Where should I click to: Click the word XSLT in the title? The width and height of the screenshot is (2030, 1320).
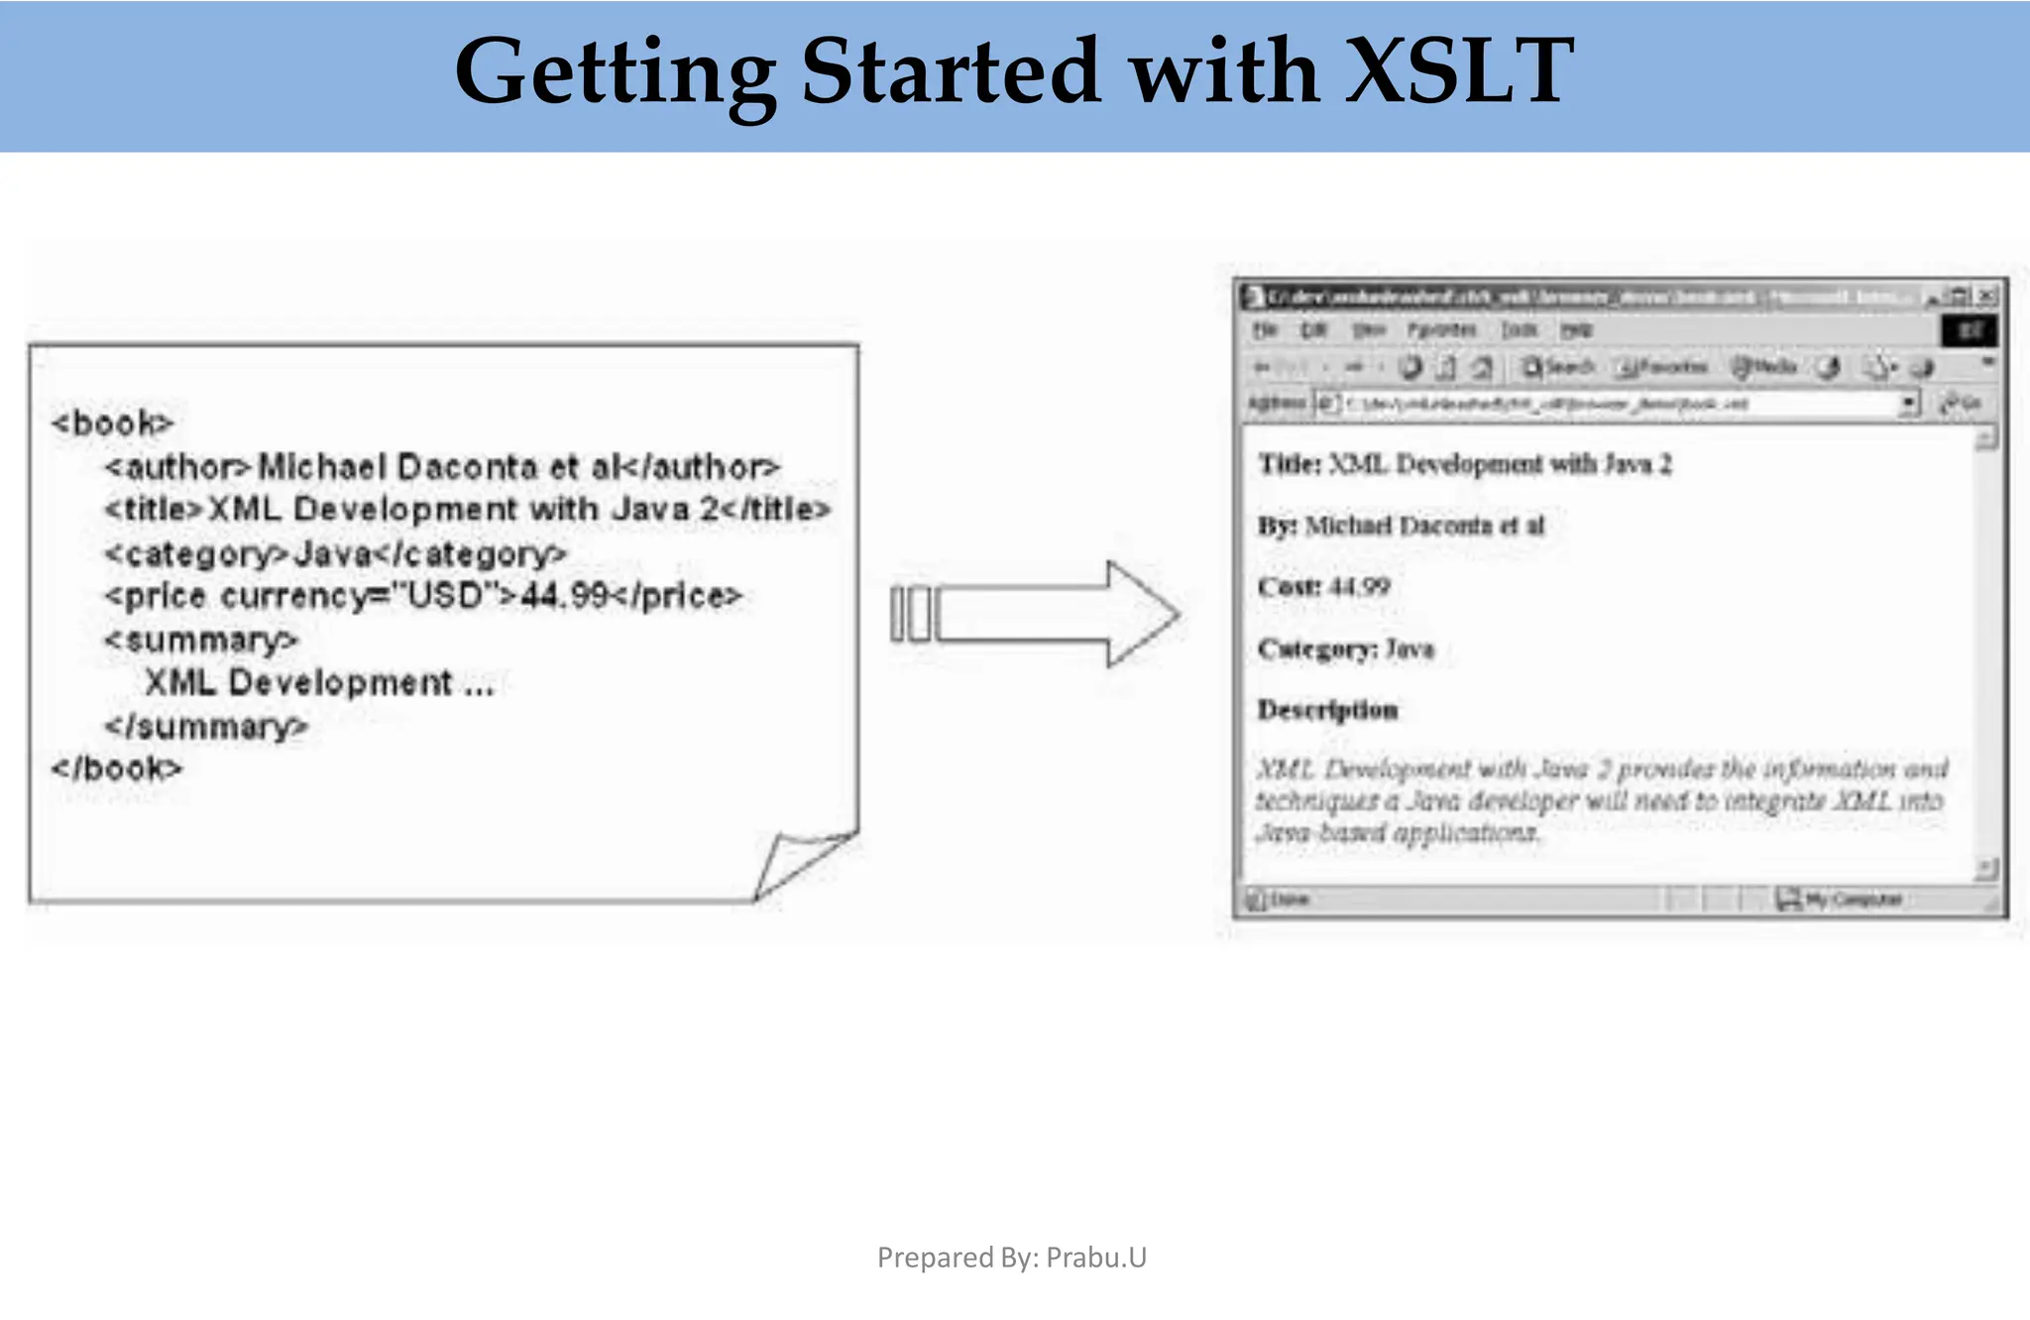tap(1458, 71)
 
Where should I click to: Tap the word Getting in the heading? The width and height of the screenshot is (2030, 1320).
tap(615, 71)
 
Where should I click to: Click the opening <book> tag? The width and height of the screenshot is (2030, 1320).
tap(112, 423)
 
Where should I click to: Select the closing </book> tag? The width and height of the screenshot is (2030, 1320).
tap(117, 769)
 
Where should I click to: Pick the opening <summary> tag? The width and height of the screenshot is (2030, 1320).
tap(201, 640)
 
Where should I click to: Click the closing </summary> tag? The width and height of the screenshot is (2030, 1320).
tap(206, 727)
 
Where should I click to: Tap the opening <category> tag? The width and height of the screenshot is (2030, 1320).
tap(197, 553)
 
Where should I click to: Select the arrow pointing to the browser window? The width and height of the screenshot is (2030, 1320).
tap(1036, 614)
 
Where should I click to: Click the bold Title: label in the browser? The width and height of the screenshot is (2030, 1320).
tap(1290, 464)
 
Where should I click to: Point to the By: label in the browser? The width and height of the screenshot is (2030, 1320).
tap(1278, 526)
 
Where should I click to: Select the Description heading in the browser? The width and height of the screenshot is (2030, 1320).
tap(1327, 710)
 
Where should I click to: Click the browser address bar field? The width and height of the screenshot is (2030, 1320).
tap(1616, 404)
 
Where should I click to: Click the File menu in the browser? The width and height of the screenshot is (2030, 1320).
tap(1265, 329)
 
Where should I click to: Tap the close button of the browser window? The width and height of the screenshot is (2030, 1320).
tap(1986, 296)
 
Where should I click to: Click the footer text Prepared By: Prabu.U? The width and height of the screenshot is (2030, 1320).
tap(1011, 1258)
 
